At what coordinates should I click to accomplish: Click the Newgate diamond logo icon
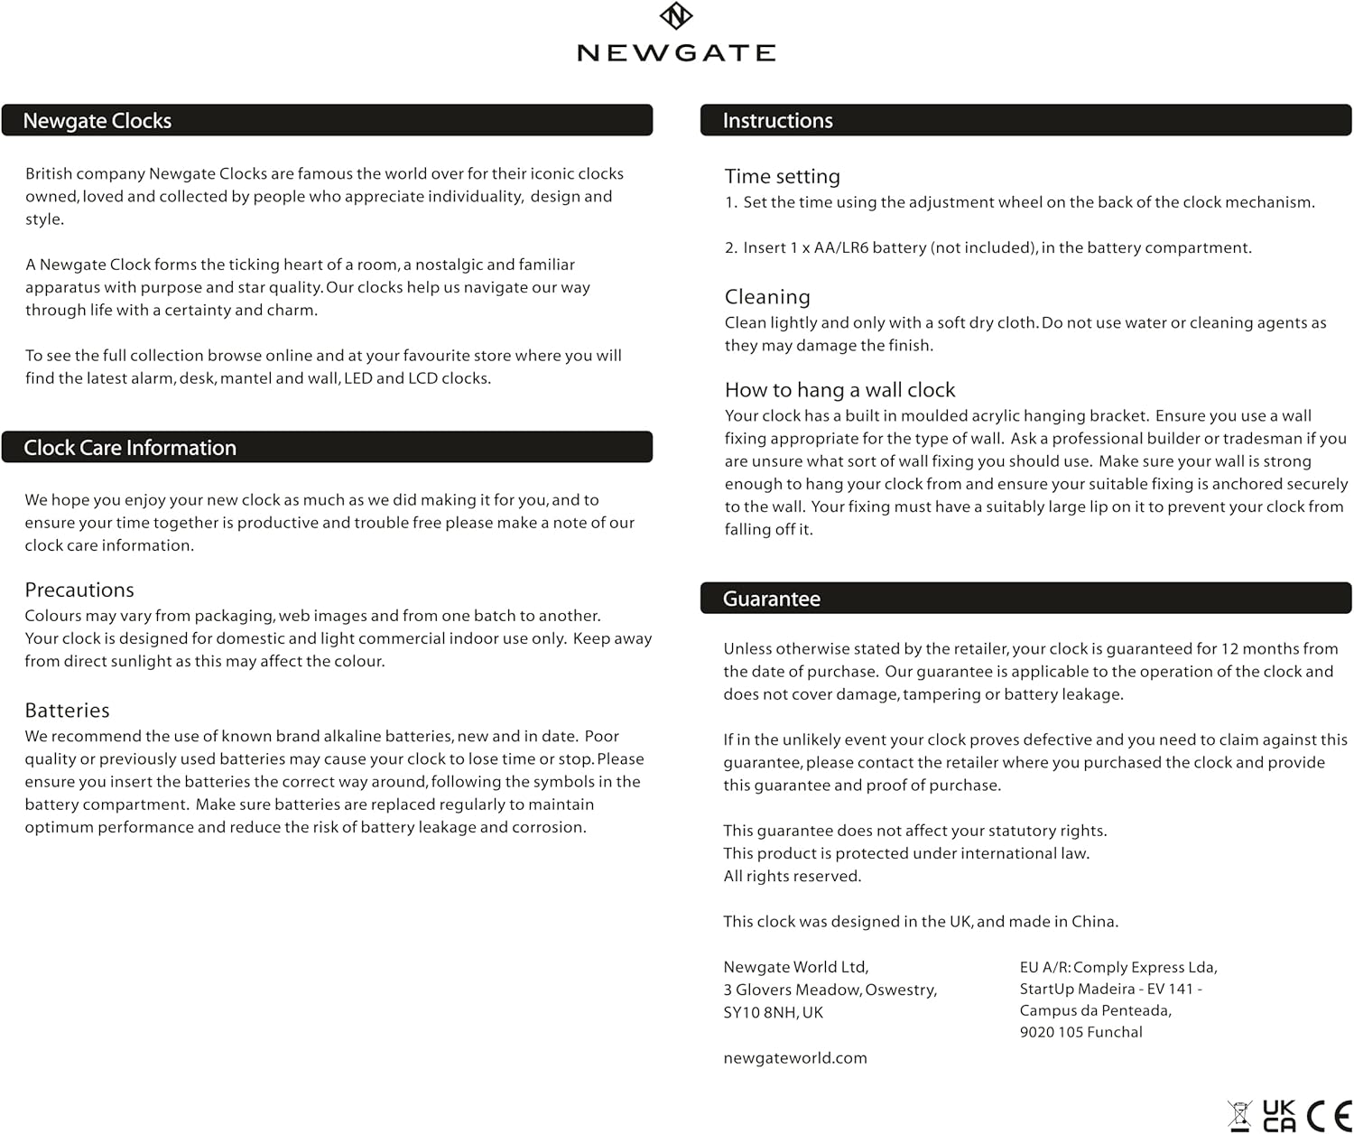[676, 16]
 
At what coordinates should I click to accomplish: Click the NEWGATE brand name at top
[676, 53]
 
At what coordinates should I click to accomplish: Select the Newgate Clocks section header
[97, 121]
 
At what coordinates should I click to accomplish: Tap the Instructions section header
[777, 121]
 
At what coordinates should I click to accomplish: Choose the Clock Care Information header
[130, 448]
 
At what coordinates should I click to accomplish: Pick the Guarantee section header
[772, 600]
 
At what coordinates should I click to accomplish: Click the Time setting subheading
[782, 177]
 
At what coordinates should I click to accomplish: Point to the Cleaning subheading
[767, 297]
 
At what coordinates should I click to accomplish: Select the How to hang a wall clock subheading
[839, 390]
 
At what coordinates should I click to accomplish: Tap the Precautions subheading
[79, 590]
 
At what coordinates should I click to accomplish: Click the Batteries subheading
[67, 711]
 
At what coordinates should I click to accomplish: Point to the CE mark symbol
[1329, 1116]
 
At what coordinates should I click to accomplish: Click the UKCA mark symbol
[1278, 1116]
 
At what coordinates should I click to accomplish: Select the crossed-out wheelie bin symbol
[1240, 1116]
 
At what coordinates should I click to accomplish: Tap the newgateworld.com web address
[794, 1058]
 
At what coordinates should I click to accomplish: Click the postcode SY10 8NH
[762, 1013]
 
